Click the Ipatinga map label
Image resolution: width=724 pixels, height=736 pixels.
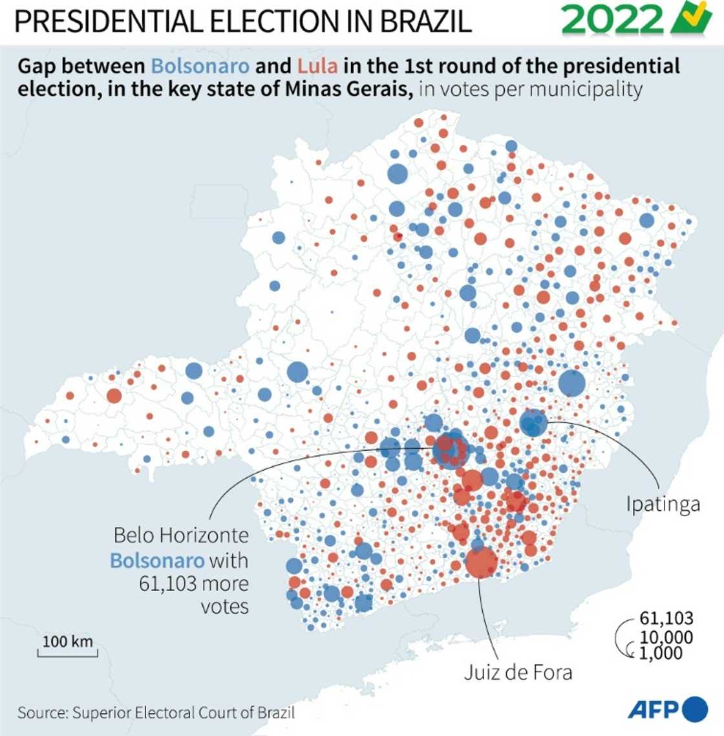663,504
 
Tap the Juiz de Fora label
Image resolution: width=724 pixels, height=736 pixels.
518,672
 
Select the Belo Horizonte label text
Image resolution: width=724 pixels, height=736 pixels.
181,536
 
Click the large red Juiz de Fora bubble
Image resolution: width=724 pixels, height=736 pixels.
481,562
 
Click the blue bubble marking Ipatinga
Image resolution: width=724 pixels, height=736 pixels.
533,424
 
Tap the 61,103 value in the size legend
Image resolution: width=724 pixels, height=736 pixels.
666,619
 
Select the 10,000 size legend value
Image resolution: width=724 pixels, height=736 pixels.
666,637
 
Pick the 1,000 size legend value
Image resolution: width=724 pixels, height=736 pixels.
661,653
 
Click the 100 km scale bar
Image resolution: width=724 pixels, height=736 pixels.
67,646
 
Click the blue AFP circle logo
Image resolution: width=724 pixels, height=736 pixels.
695,709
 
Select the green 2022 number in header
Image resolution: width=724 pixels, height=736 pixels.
613,21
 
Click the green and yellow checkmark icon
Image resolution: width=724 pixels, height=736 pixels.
691,19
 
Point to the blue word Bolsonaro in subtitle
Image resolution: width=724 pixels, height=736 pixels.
200,66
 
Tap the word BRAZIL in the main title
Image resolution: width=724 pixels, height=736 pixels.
425,22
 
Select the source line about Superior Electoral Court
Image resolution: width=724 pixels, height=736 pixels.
156,713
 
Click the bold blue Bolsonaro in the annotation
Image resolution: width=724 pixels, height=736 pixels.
156,560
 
